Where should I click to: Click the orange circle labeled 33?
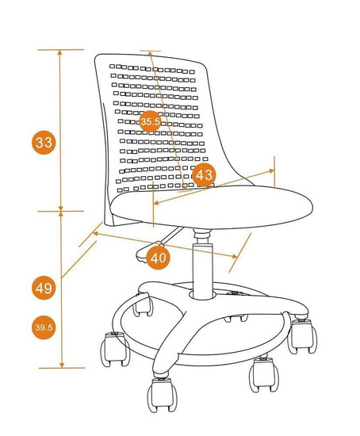tap(44, 143)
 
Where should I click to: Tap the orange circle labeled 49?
tap(44, 288)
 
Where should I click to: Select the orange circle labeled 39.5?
tap(44, 327)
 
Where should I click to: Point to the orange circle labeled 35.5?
tap(150, 121)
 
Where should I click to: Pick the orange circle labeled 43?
tap(205, 175)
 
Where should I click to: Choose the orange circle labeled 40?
tap(158, 258)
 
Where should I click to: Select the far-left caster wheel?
tap(115, 349)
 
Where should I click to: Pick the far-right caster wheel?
tap(302, 336)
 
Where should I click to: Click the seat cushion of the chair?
tap(212, 207)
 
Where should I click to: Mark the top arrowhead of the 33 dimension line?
tap(59, 52)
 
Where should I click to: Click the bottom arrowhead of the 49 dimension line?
tap(62, 365)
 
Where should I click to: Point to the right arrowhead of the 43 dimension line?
tap(272, 170)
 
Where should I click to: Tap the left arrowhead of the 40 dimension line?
tap(95, 234)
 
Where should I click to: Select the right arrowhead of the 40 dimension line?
tap(235, 256)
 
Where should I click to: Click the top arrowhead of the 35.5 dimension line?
tap(150, 53)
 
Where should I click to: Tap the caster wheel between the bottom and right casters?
tap(264, 374)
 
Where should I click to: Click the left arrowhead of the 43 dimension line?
tap(156, 203)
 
